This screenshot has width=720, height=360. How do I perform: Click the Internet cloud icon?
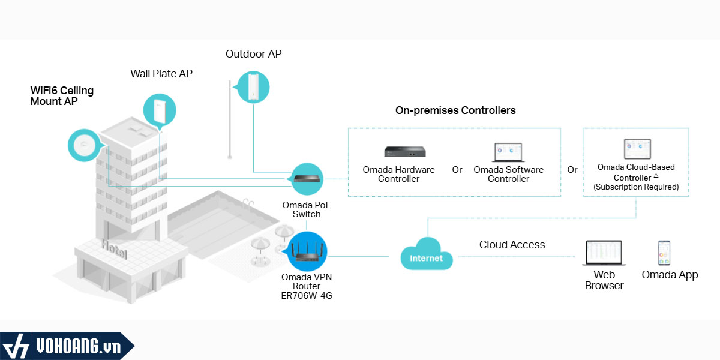click(427, 254)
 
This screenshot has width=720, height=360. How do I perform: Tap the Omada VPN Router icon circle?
click(307, 251)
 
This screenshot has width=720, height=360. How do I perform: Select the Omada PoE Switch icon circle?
click(307, 179)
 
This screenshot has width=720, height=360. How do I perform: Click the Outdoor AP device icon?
click(253, 87)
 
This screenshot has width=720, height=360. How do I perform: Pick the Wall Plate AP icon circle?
click(160, 110)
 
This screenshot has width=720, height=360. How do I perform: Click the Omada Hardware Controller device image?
click(405, 151)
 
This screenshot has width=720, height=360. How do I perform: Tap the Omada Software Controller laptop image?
click(508, 152)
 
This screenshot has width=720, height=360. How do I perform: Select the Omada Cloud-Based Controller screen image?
click(637, 149)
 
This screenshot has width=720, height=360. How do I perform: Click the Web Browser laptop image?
click(604, 253)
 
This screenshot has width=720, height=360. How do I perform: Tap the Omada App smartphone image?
click(664, 253)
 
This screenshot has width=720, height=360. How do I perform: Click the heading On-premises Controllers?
click(455, 110)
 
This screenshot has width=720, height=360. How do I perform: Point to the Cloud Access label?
click(512, 245)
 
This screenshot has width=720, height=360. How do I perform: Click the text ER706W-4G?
click(307, 295)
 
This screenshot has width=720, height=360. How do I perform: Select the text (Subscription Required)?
click(636, 187)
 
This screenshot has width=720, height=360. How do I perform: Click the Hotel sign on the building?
click(115, 249)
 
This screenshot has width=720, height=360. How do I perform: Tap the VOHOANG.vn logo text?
click(79, 347)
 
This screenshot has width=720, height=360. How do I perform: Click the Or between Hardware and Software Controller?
click(457, 169)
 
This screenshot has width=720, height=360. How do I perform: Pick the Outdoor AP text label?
click(254, 53)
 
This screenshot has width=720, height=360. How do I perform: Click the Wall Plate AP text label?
click(161, 74)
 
